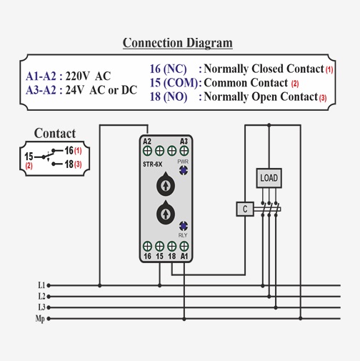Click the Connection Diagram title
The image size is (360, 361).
(178, 43)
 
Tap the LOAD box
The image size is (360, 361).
(269, 178)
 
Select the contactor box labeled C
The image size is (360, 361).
(245, 209)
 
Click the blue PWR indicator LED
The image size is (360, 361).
(184, 170)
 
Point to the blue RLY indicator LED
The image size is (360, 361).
(184, 226)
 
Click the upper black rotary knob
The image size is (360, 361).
(166, 184)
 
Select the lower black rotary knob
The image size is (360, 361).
(166, 213)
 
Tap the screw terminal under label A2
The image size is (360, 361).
(147, 151)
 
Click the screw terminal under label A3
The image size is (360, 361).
(184, 151)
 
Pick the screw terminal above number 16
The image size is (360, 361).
(147, 246)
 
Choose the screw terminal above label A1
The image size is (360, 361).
(184, 246)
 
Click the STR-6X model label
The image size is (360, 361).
(152, 164)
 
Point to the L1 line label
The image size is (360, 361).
(41, 285)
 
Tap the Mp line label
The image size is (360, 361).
(40, 319)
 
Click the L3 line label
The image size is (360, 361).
(41, 307)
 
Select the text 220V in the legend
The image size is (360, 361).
(77, 76)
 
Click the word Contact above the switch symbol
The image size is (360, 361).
(55, 133)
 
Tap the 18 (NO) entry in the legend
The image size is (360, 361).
(169, 97)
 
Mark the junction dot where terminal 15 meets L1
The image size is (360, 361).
(159, 285)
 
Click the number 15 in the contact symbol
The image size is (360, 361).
(29, 157)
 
